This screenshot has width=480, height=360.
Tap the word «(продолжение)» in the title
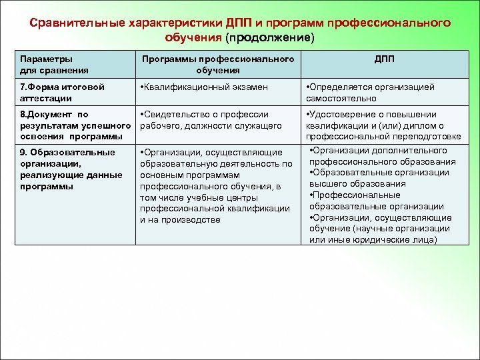(269, 37)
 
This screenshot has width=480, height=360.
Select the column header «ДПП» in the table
(384, 59)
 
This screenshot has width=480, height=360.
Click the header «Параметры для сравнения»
(47, 64)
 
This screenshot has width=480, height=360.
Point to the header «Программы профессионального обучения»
(218, 64)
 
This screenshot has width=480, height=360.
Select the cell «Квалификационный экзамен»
(203, 87)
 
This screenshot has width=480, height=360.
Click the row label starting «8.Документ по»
(74, 125)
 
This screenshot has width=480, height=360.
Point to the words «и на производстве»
(179, 219)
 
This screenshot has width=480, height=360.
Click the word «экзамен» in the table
(250, 87)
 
